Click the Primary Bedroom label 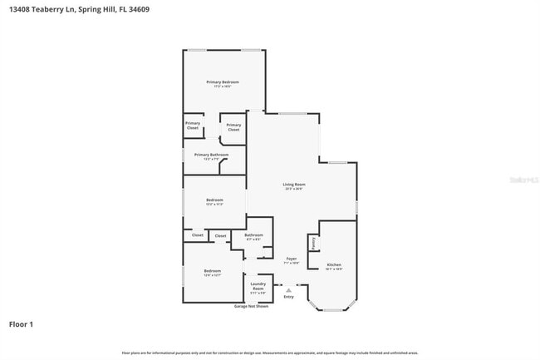click(x=223, y=81)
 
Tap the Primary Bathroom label click(x=211, y=154)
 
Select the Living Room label click(x=294, y=184)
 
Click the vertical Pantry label click(x=313, y=244)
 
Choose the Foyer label click(x=292, y=259)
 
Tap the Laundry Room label click(x=258, y=286)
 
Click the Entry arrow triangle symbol click(x=288, y=289)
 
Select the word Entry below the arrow click(x=288, y=297)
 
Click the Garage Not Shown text click(x=251, y=306)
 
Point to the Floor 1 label click(x=21, y=323)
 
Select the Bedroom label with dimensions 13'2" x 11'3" click(x=214, y=200)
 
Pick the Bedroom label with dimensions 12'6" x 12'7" click(x=213, y=271)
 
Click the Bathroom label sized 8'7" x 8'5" click(x=253, y=235)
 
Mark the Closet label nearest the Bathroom click(x=220, y=236)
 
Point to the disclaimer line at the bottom click(x=270, y=353)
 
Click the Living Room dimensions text click(x=294, y=189)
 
